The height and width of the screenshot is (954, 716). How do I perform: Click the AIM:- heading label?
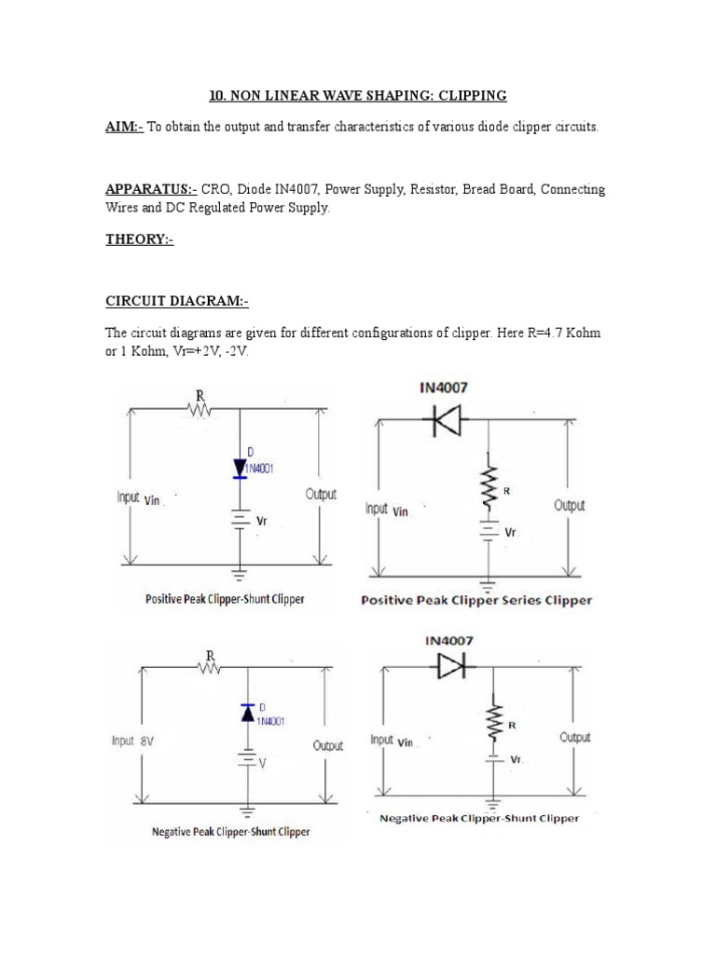pyautogui.click(x=123, y=127)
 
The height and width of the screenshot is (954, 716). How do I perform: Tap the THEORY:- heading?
pyautogui.click(x=139, y=240)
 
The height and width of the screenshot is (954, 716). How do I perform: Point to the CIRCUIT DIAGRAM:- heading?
pyautogui.click(x=176, y=302)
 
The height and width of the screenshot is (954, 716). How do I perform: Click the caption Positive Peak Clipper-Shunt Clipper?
pyautogui.click(x=224, y=600)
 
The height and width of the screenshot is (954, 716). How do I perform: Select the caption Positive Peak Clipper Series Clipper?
pyautogui.click(x=475, y=601)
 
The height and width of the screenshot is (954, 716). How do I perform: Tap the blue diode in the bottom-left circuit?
pyautogui.click(x=247, y=713)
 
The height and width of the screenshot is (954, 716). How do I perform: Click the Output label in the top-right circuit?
pyautogui.click(x=569, y=505)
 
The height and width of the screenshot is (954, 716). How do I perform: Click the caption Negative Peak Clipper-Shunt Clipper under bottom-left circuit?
pyautogui.click(x=231, y=831)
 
